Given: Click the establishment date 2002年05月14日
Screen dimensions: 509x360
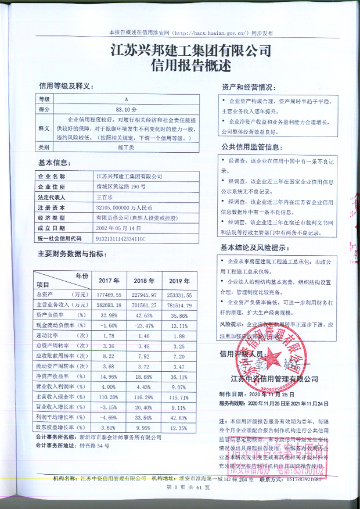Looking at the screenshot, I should pyautogui.click(x=118, y=228).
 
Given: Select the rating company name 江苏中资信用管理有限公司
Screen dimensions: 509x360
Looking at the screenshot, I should pyautogui.click(x=274, y=379).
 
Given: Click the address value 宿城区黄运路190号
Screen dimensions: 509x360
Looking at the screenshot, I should pyautogui.click(x=117, y=187).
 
